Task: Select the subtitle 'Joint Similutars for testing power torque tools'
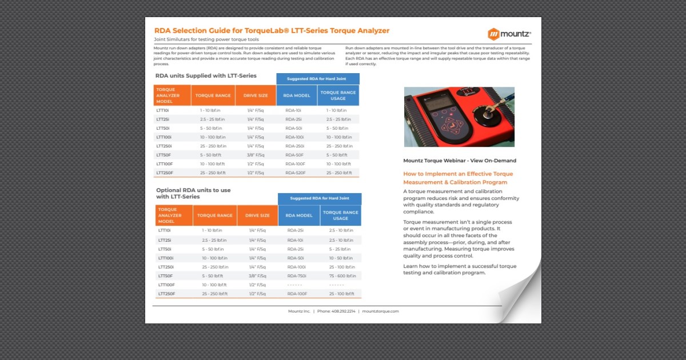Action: pos(206,40)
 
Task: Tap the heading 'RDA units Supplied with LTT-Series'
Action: pos(206,75)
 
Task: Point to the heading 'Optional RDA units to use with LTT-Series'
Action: pos(193,193)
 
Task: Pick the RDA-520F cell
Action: pos(296,173)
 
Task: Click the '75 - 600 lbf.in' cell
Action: pos(342,276)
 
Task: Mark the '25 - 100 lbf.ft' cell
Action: pos(342,294)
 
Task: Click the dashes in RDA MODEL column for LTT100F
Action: pos(294,285)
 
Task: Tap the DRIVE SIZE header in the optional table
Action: pos(257,216)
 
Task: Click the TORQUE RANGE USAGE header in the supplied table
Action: pos(338,95)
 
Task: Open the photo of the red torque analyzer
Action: pos(459,117)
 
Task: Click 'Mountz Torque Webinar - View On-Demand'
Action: pos(459,161)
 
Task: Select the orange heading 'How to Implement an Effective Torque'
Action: pos(458,174)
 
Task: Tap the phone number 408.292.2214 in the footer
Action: pos(336,311)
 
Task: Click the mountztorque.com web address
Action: pos(380,311)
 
